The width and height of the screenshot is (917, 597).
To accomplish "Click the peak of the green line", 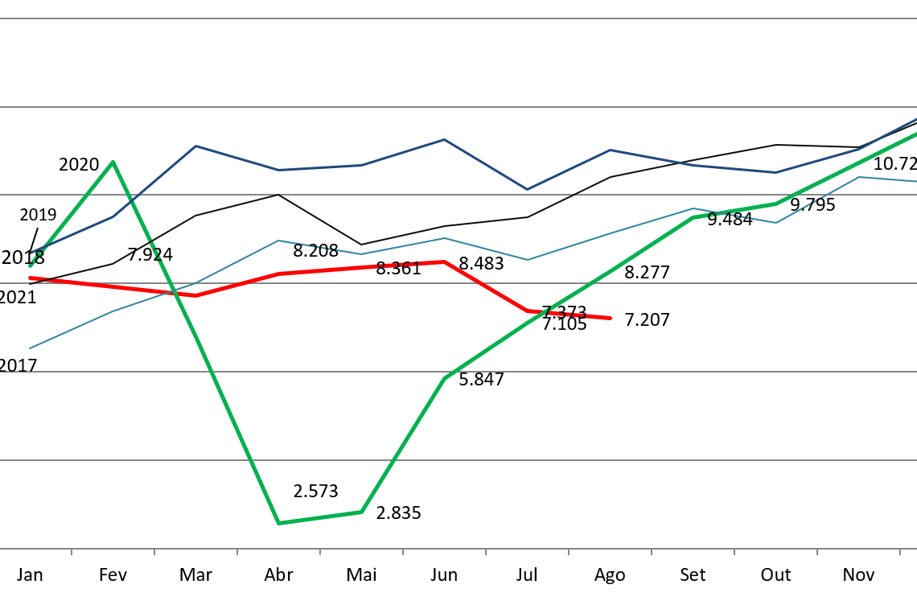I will tap(113, 162).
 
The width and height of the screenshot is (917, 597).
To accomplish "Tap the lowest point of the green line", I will tap(278, 523).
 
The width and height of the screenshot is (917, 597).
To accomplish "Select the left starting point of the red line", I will tap(30, 278).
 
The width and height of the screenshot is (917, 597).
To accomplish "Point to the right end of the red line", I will tap(611, 318).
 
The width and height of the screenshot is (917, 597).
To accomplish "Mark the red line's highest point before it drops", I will tap(444, 261).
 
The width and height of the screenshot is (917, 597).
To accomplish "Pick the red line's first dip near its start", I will tap(195, 295).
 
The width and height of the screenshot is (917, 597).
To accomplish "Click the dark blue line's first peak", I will tap(195, 146).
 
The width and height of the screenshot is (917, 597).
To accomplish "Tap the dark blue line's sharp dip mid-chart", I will tap(527, 190).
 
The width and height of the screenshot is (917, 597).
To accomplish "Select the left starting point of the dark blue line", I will tap(31, 253).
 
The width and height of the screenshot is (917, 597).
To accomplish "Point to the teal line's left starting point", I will tap(30, 348).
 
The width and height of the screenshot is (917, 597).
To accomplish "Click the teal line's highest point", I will tap(859, 177).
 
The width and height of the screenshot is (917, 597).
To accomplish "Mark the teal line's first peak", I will tap(278, 240).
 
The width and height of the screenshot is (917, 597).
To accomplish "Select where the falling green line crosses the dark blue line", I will tap(134, 205).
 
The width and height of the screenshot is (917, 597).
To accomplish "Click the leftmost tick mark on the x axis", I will tap(72, 552).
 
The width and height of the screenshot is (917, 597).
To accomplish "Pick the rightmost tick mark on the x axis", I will tap(899, 552).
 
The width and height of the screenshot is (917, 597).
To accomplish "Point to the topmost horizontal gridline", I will tap(458, 19).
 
